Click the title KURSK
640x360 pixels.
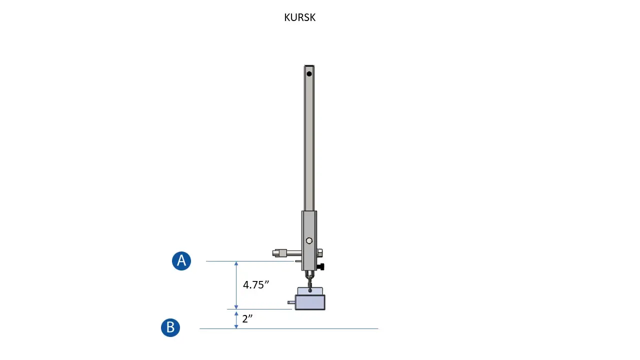(299, 17)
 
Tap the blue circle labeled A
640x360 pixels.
(181, 261)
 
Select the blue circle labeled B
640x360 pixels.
(170, 327)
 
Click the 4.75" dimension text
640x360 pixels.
(256, 285)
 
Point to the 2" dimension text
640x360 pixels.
(247, 318)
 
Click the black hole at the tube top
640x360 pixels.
(309, 74)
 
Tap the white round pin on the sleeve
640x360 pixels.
(309, 241)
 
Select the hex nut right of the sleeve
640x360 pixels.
(319, 252)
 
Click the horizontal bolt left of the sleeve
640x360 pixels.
(287, 253)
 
